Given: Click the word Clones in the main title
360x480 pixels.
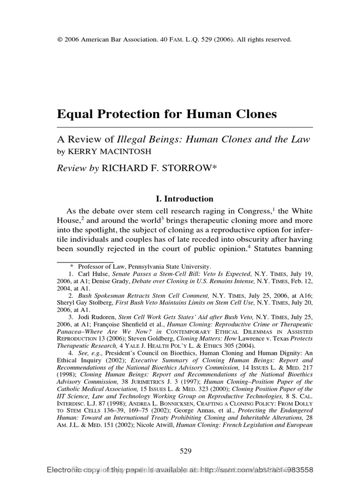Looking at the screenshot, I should pos(255,114).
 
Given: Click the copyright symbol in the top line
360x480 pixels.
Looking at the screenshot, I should pos(60,40).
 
